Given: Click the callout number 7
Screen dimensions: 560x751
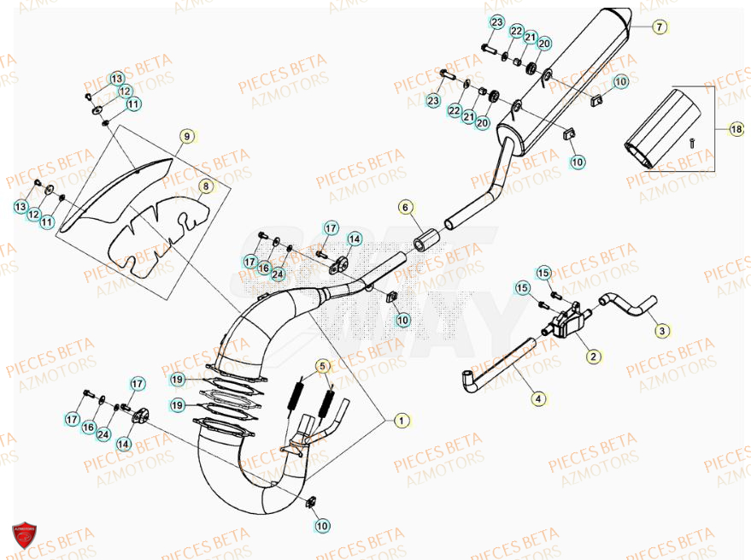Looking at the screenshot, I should pyautogui.click(x=659, y=27).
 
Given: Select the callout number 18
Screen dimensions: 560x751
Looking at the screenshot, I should pyautogui.click(x=736, y=129).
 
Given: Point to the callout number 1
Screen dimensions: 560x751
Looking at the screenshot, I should pyautogui.click(x=401, y=420).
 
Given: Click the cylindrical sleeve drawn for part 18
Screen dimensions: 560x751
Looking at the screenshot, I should pyautogui.click(x=663, y=128).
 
